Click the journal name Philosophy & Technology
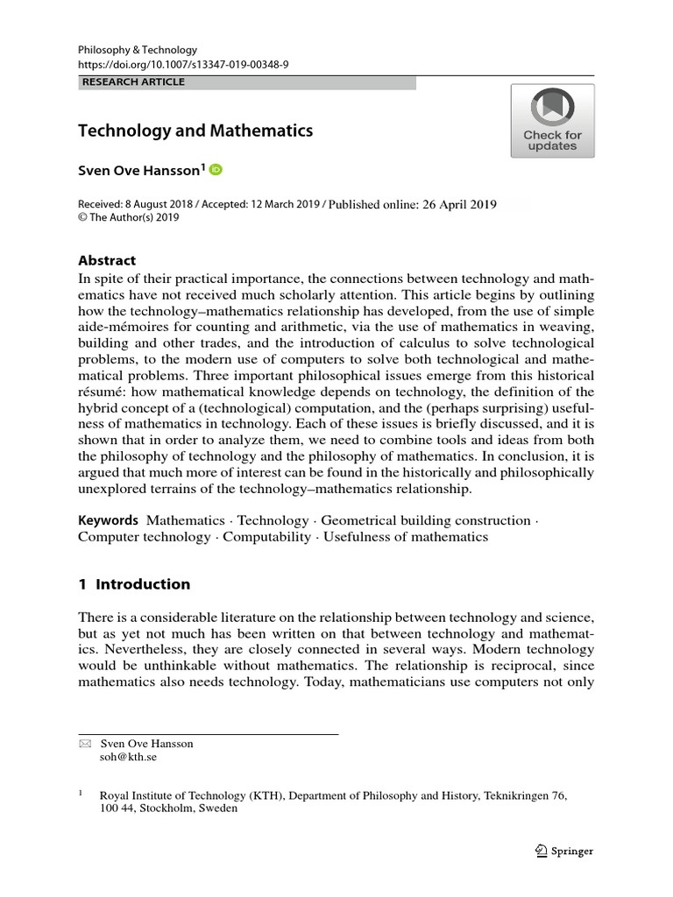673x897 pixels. click(138, 50)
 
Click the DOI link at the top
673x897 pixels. click(183, 66)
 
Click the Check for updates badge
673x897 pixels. click(552, 121)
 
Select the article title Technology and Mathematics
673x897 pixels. click(195, 131)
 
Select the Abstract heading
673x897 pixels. click(107, 260)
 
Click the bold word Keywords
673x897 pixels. click(109, 520)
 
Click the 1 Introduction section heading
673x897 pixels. click(134, 584)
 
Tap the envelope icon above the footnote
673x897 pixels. click(84, 744)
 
